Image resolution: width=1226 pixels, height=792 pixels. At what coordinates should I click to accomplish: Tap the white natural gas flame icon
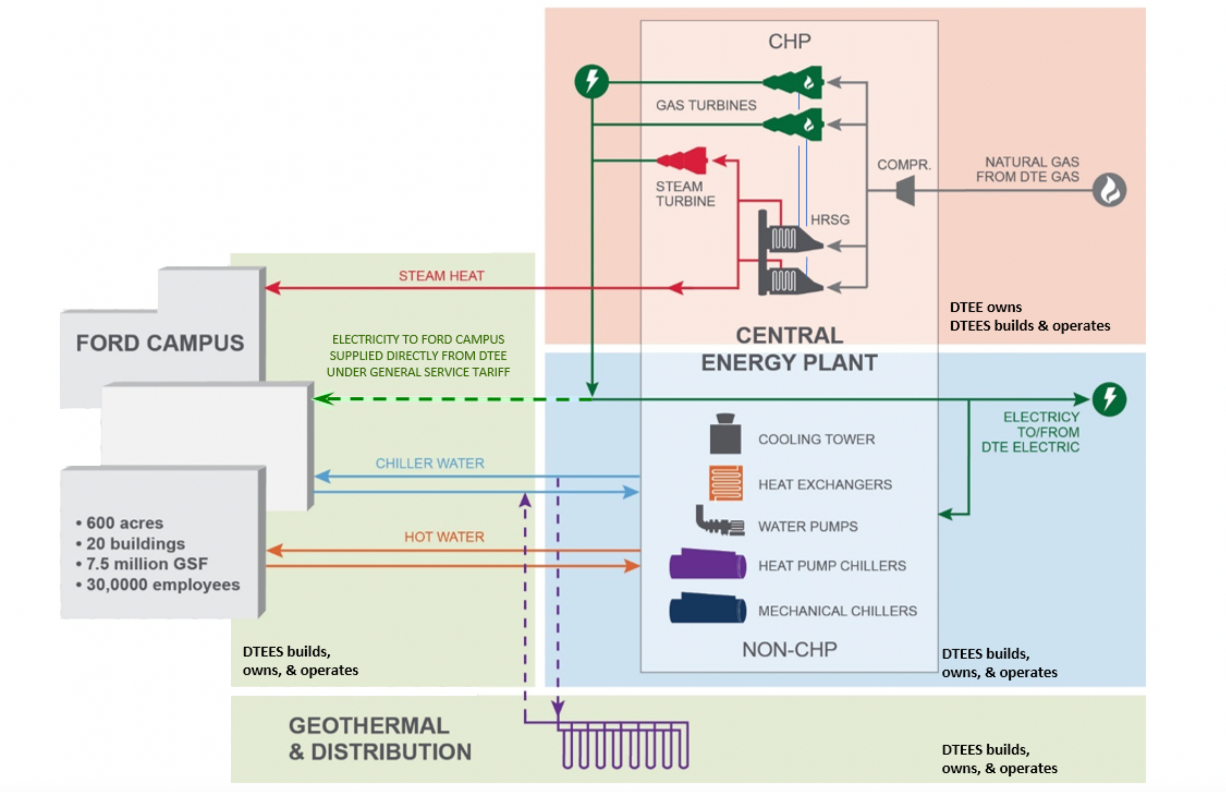tap(1109, 190)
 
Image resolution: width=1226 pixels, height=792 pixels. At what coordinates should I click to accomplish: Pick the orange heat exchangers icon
tap(726, 482)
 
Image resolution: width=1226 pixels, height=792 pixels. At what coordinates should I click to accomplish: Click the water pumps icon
tap(719, 522)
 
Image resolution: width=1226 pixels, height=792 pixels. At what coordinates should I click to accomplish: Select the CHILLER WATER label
tap(430, 463)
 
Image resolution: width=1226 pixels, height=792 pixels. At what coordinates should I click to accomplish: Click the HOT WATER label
tap(444, 536)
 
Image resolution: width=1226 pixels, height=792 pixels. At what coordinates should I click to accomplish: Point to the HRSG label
tap(830, 220)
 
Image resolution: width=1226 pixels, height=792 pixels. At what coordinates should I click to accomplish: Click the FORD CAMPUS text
tap(160, 343)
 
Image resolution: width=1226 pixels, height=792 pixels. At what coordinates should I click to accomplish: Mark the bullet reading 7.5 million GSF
tap(147, 564)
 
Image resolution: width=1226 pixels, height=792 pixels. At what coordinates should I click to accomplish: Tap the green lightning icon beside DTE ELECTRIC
tap(1109, 399)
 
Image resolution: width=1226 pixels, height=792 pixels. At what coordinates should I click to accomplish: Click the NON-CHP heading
tap(789, 650)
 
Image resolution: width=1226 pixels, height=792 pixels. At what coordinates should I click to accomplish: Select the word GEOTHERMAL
tap(369, 726)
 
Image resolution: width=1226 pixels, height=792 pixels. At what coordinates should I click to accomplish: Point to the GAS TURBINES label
tap(705, 105)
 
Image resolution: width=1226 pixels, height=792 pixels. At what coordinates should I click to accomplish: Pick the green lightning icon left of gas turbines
tap(591, 81)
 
